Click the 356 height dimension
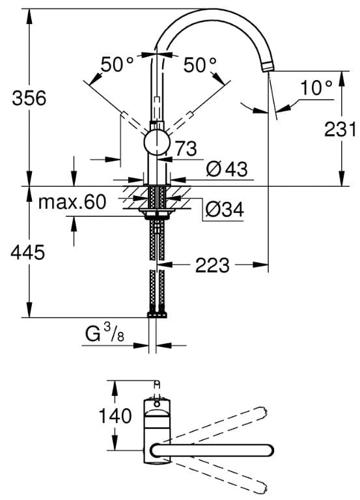29,98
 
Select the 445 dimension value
28,253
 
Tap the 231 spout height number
340,130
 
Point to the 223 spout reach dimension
212,265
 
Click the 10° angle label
316,88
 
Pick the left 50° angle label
117,64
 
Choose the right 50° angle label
200,64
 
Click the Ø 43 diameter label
227,169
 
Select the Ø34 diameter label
225,209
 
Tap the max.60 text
72,202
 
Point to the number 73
187,148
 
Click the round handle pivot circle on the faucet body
156,142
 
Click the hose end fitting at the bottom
157,314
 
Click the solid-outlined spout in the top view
212,450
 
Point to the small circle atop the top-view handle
156,404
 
